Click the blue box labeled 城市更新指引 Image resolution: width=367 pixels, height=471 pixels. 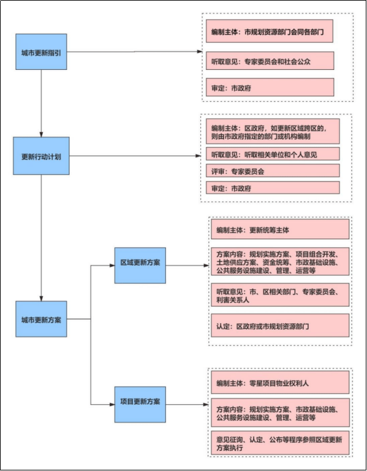41,52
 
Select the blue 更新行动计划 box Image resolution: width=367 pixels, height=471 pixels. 41,155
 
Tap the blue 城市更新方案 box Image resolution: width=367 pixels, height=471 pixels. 41,320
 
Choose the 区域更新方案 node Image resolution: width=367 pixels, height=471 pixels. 140,266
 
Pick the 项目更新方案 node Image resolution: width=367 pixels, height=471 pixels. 140,404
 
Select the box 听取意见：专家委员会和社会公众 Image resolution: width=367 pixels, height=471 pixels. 270,61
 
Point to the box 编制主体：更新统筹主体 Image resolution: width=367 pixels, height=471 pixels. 279,230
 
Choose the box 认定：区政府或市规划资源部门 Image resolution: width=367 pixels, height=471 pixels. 279,326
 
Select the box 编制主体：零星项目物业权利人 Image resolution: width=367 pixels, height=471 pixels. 279,383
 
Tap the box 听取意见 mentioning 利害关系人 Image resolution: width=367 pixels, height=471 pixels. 279,294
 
